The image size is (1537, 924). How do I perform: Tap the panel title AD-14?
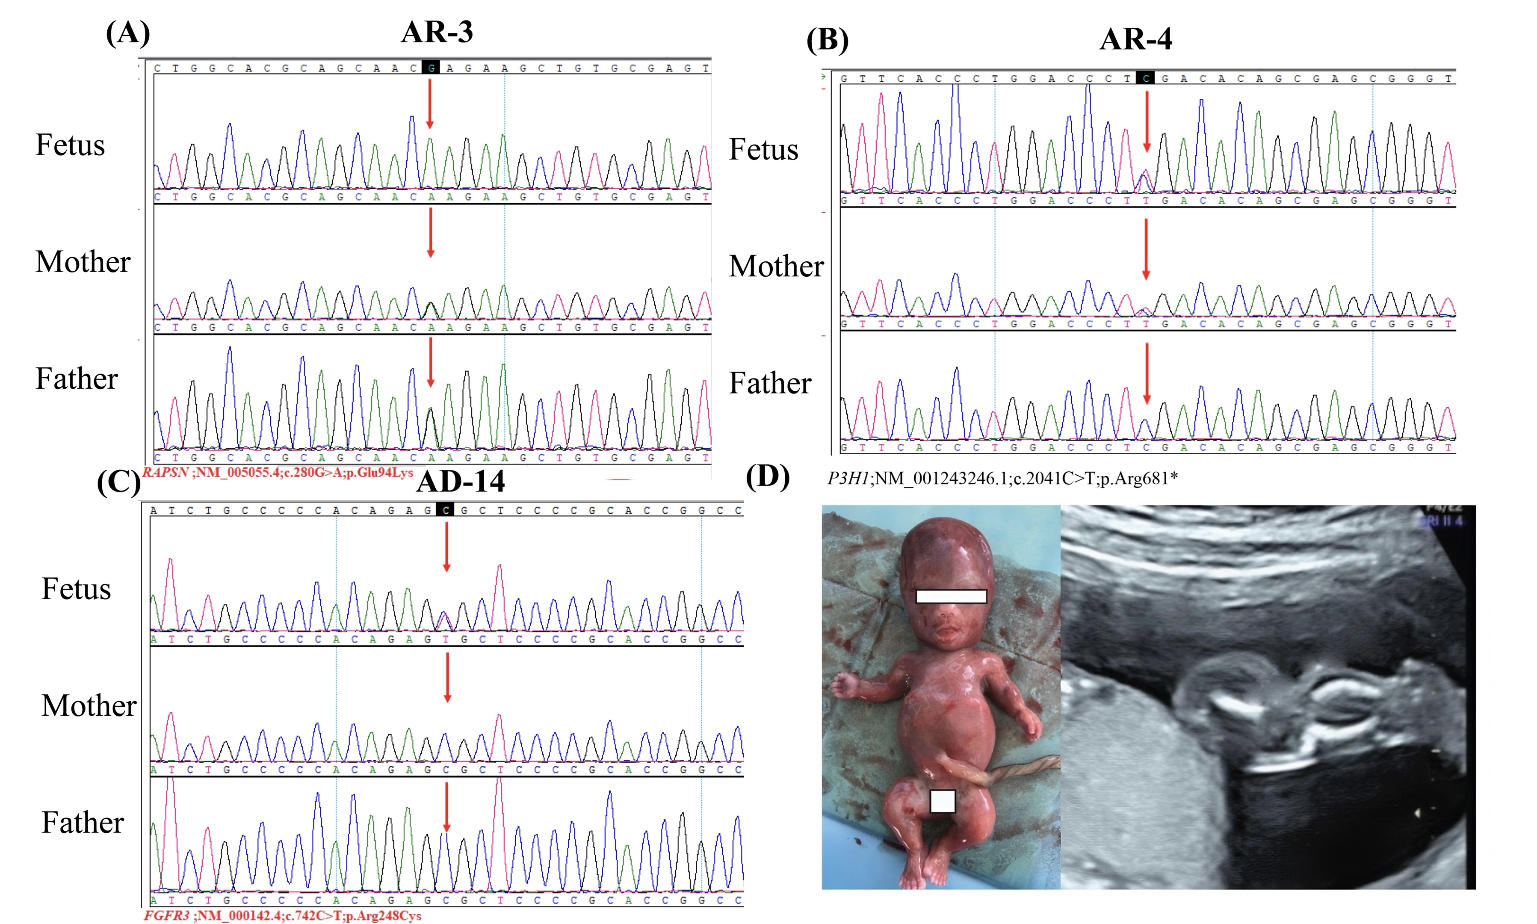461,481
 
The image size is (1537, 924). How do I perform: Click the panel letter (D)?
767,477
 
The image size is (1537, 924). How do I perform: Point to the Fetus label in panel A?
70,145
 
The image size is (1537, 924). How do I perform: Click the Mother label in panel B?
776,266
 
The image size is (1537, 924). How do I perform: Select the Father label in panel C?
83,823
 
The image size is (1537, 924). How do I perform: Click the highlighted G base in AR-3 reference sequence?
431,68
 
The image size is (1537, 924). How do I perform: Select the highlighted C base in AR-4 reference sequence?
1145,78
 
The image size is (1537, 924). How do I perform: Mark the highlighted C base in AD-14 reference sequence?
445,510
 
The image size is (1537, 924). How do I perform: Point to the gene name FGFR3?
166,916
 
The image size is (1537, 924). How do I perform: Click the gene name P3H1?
848,478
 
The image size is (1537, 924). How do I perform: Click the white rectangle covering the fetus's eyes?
951,596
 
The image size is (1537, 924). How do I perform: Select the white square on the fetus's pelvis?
942,801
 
